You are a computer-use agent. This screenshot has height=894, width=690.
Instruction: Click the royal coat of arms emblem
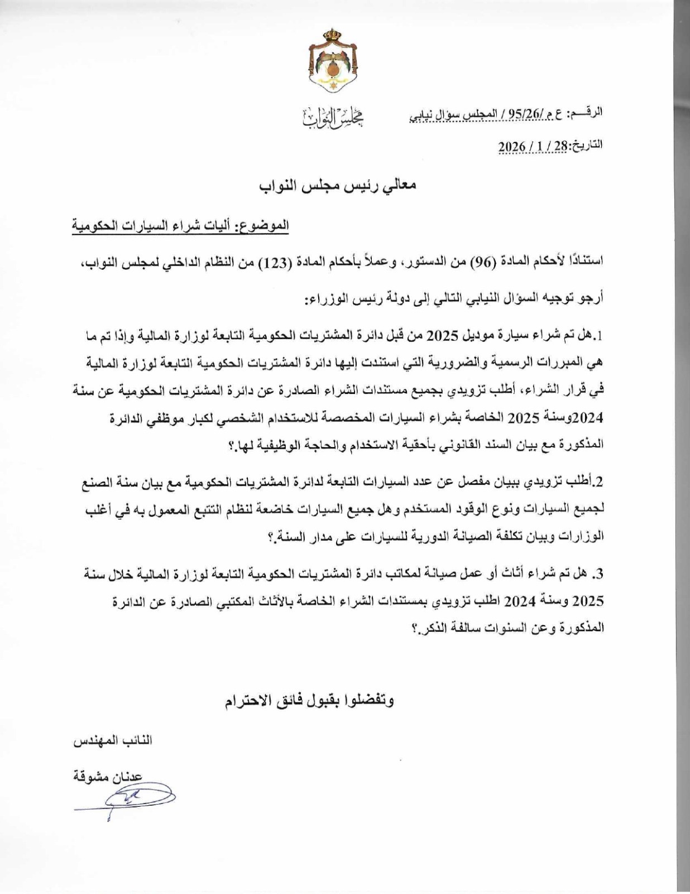click(x=333, y=66)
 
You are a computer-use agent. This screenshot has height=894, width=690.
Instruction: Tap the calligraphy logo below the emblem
click(x=333, y=116)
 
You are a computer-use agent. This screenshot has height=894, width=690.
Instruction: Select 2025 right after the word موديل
click(x=444, y=337)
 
